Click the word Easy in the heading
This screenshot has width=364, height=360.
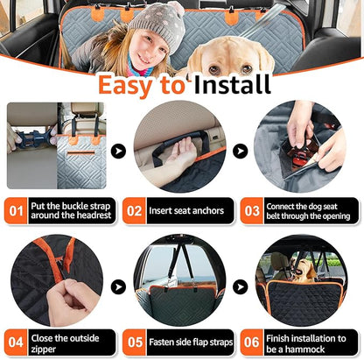click(x=140, y=85)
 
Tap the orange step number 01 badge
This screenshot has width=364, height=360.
click(x=17, y=210)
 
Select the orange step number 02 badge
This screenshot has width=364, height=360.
click(x=134, y=210)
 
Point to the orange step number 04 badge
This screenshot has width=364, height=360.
click(x=17, y=342)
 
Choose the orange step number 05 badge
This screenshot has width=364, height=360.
click(x=134, y=342)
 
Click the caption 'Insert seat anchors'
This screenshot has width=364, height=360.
click(x=189, y=210)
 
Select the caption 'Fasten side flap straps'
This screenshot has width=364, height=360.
click(x=189, y=342)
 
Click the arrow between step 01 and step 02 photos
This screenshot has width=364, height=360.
click(x=118, y=151)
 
